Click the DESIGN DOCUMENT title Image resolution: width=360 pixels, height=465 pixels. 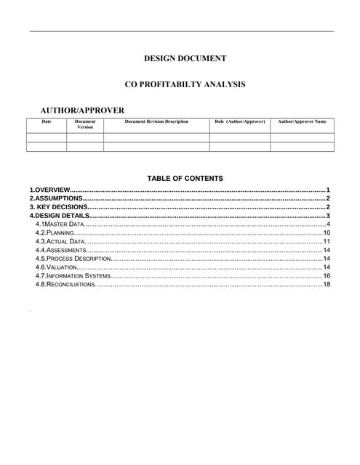coord(185,58)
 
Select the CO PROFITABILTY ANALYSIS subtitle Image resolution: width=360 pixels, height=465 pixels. coord(185,85)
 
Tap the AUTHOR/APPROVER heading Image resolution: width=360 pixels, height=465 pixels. coord(82,110)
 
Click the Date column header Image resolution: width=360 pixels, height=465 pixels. coord(47,121)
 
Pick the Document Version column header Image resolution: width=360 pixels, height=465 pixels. coord(85,124)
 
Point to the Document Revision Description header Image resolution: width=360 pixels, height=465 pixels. coord(156,121)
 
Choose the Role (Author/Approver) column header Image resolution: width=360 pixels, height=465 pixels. coord(240,121)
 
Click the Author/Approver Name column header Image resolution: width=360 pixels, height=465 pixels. coord(302,121)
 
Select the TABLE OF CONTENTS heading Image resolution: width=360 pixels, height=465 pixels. coord(185,178)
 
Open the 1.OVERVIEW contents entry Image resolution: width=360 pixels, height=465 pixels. coord(49,189)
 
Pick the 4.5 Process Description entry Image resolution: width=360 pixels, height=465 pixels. coord(73,258)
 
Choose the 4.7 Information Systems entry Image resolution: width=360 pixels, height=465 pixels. coord(73,275)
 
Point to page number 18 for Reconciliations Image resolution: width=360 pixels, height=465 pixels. coord(327,284)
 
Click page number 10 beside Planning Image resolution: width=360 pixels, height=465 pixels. coord(327,232)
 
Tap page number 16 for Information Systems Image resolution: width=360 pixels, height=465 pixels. coord(327,275)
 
